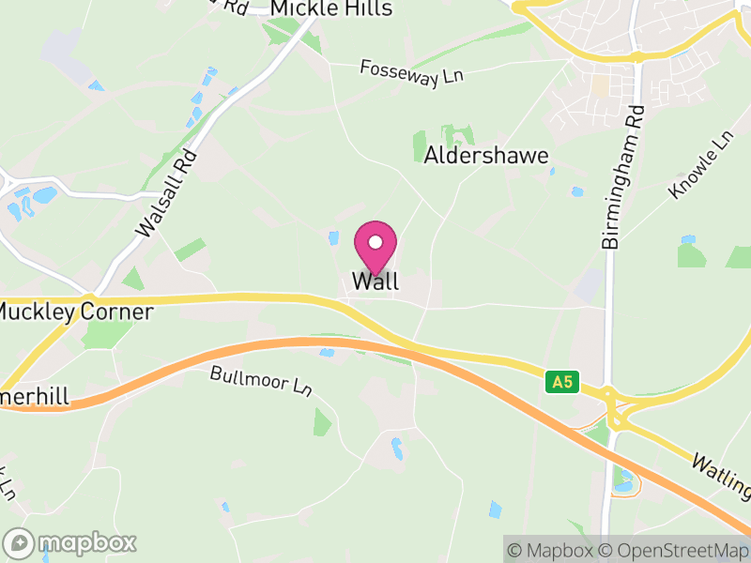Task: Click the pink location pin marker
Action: click(375, 247)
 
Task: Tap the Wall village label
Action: click(375, 281)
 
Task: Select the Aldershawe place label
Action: click(486, 156)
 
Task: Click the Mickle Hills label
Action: click(330, 8)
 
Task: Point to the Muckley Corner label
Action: click(77, 312)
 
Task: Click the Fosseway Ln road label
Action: click(412, 74)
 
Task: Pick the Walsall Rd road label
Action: click(167, 192)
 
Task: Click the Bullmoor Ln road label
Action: click(261, 381)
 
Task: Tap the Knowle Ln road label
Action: click(700, 164)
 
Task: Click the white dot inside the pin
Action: click(375, 242)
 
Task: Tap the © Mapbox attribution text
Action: click(551, 550)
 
